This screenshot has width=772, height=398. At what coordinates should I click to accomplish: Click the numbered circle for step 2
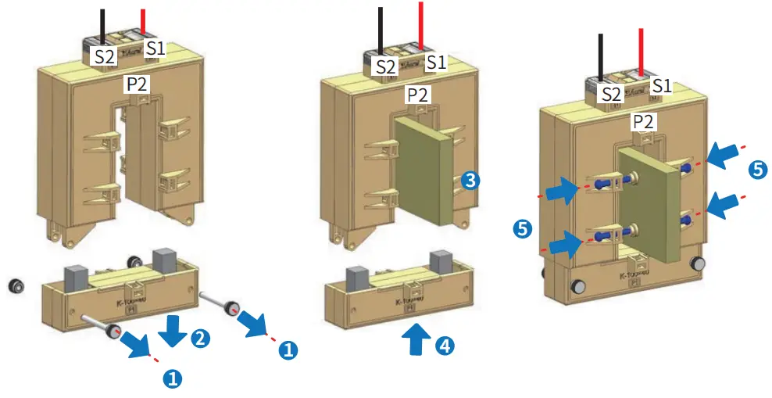[201, 338]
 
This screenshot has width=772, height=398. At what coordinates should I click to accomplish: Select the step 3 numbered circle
[470, 181]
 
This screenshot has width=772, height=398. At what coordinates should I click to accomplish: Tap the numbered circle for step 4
[444, 346]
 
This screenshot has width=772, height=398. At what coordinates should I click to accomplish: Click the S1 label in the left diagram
[156, 48]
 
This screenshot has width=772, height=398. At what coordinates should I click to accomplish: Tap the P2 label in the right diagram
[643, 122]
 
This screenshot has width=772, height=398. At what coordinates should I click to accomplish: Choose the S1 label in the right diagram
[661, 85]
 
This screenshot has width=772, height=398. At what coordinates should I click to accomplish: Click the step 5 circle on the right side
[757, 167]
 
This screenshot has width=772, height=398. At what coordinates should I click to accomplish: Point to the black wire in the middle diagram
[380, 30]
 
